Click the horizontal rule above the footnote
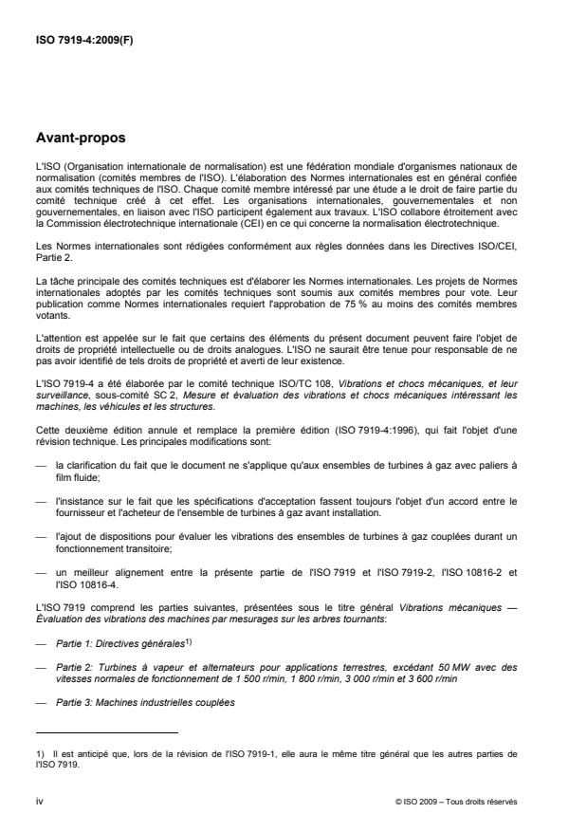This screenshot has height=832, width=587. pos(106,732)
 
